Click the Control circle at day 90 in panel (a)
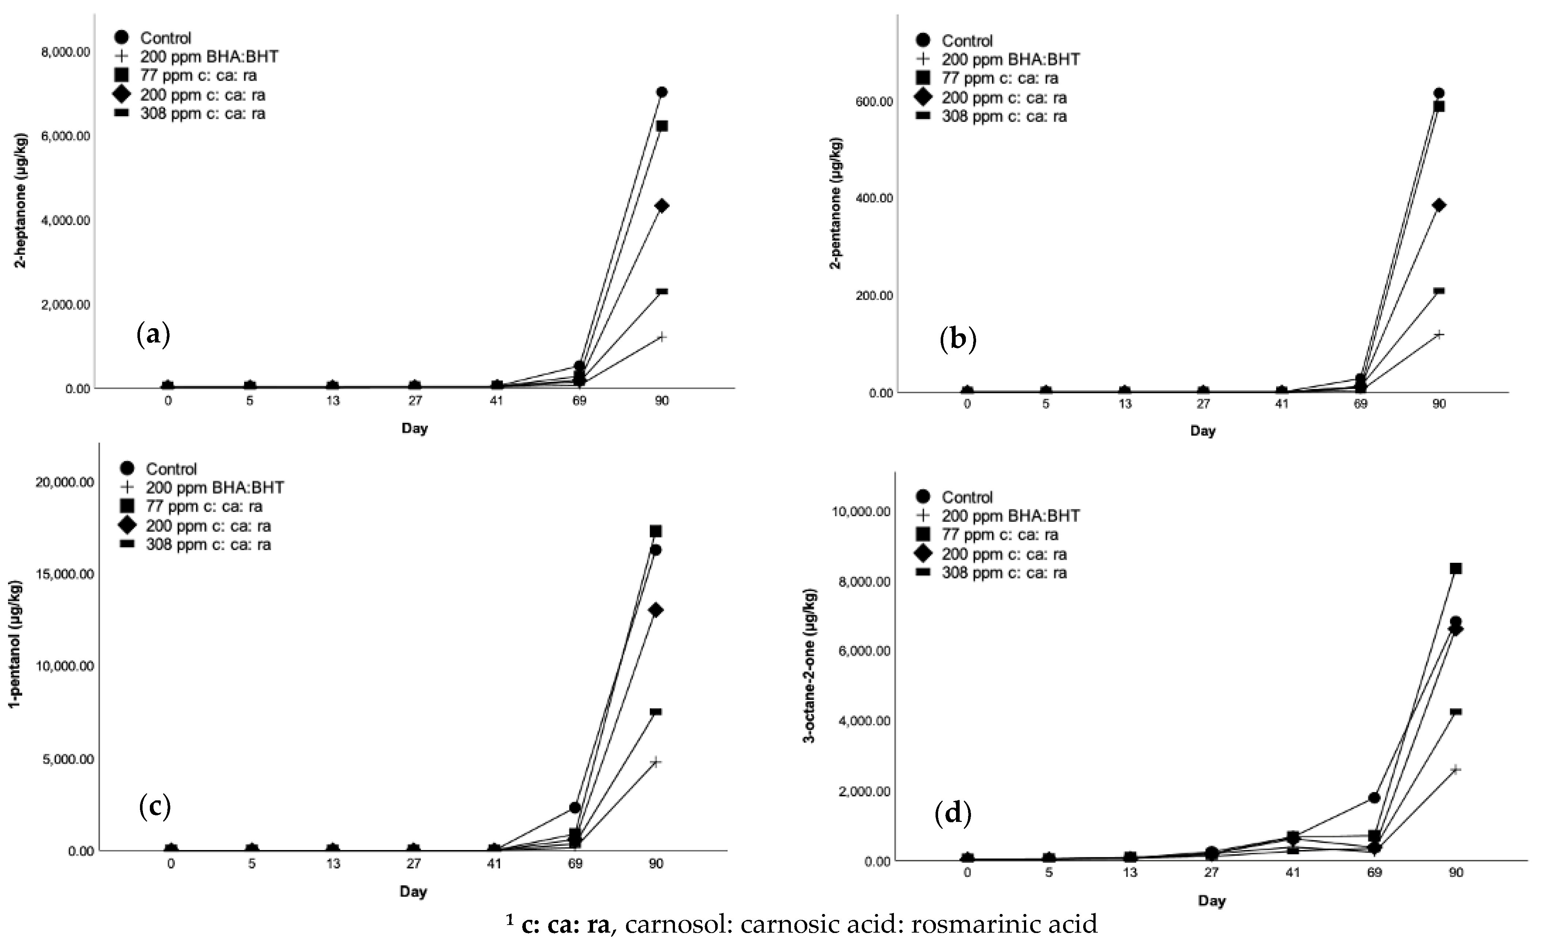(x=661, y=92)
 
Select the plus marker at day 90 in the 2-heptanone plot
(x=661, y=337)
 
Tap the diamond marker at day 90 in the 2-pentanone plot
(x=1439, y=205)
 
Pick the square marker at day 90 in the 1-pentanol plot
(x=656, y=531)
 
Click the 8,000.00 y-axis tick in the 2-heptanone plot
(x=65, y=52)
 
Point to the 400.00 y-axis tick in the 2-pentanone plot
(x=871, y=198)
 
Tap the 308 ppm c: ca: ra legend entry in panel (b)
(x=1004, y=117)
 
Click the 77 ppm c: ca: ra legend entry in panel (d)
(x=999, y=535)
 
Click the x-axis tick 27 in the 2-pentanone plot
(x=1203, y=403)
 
